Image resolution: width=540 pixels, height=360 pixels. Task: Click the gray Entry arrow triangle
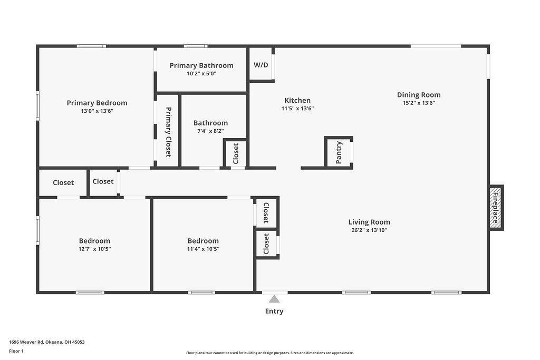tap(274, 299)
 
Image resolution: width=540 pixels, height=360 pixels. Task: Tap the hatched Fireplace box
tap(496, 208)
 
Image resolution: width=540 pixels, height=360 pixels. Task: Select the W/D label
tap(261, 65)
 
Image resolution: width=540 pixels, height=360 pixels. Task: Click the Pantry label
tap(339, 152)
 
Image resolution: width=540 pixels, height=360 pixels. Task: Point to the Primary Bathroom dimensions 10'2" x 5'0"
tap(201, 73)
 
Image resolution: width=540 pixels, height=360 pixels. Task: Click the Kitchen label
tap(297, 100)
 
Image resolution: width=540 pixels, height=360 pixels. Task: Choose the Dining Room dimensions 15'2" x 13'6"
tap(419, 103)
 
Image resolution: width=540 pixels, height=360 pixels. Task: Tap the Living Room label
tap(369, 222)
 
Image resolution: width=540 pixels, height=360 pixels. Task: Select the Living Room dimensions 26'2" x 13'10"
tap(369, 230)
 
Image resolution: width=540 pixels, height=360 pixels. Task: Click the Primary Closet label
tap(168, 132)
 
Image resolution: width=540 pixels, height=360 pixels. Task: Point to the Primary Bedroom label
tap(97, 103)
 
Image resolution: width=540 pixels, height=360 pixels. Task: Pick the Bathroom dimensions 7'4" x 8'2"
tap(210, 131)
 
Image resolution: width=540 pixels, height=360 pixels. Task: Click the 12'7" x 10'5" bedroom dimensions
tap(95, 249)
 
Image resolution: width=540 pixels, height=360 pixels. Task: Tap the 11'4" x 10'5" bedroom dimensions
tap(203, 249)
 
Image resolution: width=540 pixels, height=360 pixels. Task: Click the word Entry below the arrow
tap(274, 311)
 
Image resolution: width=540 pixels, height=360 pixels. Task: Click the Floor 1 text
tap(16, 351)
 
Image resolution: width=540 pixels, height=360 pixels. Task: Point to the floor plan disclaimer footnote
tap(270, 353)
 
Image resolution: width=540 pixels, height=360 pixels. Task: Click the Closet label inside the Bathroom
tap(236, 153)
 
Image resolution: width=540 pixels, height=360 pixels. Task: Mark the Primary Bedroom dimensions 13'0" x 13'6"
tap(97, 111)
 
